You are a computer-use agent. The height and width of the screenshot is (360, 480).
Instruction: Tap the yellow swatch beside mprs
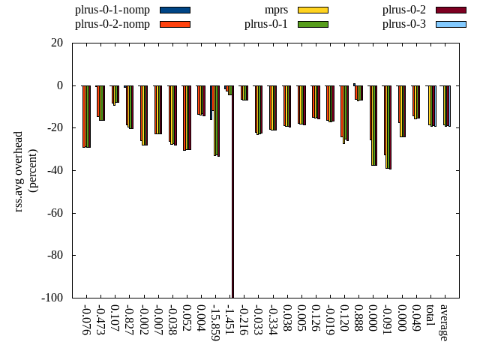pyautogui.click(x=313, y=10)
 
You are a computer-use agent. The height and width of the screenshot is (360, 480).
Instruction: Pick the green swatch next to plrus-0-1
pyautogui.click(x=313, y=24)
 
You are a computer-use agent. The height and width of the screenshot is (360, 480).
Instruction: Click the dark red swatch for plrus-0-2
pyautogui.click(x=451, y=10)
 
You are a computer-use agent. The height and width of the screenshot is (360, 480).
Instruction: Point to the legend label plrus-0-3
pyautogui.click(x=404, y=24)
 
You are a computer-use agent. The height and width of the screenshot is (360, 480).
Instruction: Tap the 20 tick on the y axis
pyautogui.click(x=57, y=43)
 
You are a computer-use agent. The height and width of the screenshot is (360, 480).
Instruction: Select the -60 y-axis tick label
pyautogui.click(x=54, y=213)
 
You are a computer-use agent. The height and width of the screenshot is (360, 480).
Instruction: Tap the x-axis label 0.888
pyautogui.click(x=359, y=319)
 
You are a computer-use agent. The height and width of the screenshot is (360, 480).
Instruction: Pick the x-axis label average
pyautogui.click(x=445, y=322)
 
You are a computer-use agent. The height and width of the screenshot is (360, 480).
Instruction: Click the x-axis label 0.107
pyautogui.click(x=115, y=319)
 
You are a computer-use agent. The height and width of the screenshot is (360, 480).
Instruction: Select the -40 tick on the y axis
pyautogui.click(x=54, y=170)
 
